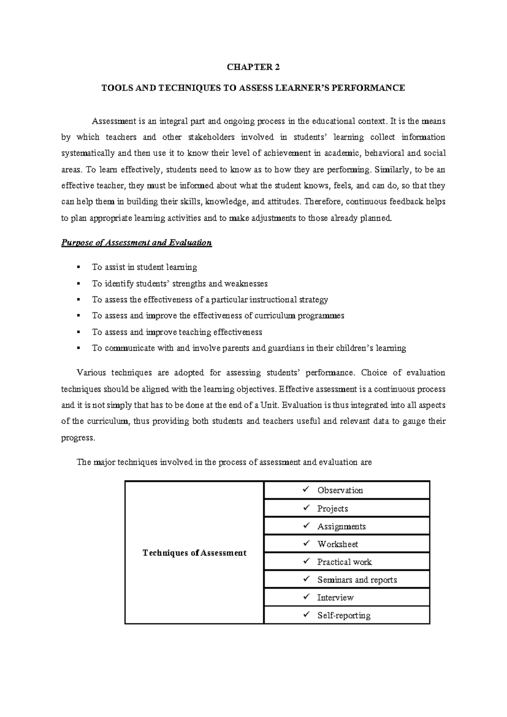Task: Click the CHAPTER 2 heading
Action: pos(253,67)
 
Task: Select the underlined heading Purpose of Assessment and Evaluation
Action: pos(136,243)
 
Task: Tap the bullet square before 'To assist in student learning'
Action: pos(78,267)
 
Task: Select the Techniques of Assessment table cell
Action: pos(194,553)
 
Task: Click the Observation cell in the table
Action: pos(340,490)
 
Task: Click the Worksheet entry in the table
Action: pos(338,545)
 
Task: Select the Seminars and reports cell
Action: pos(357,580)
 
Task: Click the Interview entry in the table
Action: pos(335,598)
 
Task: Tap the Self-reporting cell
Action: pos(343,616)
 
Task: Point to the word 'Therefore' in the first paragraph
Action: pos(324,202)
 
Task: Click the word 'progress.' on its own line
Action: pos(79,438)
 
